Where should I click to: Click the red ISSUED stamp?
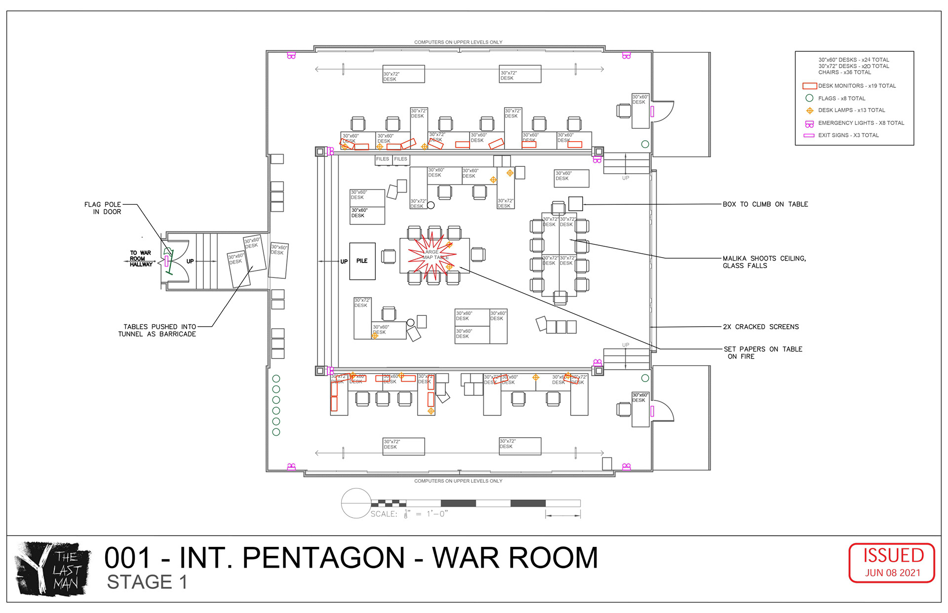pyautogui.click(x=892, y=562)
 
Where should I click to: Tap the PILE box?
pyautogui.click(x=362, y=261)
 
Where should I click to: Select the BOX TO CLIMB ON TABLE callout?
pyautogui.click(x=765, y=204)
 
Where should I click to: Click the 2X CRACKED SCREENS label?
pyautogui.click(x=760, y=327)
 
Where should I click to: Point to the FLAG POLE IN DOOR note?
pyautogui.click(x=103, y=208)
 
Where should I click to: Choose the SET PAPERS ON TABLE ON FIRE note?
pyautogui.click(x=762, y=352)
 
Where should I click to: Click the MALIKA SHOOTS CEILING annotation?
pyautogui.click(x=764, y=262)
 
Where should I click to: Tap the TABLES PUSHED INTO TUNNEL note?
pyautogui.click(x=157, y=330)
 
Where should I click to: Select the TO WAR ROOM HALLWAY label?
pyautogui.click(x=141, y=259)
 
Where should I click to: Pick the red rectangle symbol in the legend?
pyautogui.click(x=809, y=86)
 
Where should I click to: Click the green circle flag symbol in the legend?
pyautogui.click(x=809, y=98)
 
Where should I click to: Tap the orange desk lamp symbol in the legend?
pyautogui.click(x=809, y=111)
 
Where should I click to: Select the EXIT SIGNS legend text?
pyautogui.click(x=848, y=135)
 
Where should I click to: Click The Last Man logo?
pyautogui.click(x=53, y=569)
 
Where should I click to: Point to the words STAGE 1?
pyautogui.click(x=147, y=582)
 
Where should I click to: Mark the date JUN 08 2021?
pyautogui.click(x=892, y=573)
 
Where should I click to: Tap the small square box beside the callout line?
pyautogui.click(x=575, y=203)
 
